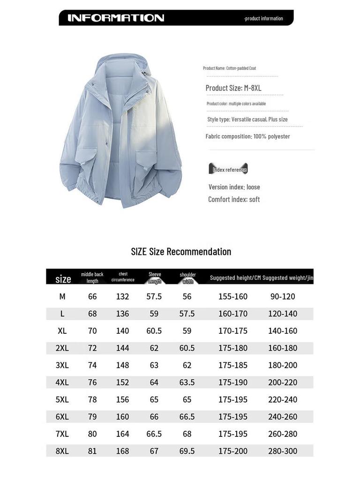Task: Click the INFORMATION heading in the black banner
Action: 116,18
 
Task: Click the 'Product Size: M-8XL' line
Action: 233,88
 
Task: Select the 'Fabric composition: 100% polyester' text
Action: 247,136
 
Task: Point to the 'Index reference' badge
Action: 228,169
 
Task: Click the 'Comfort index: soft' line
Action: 234,199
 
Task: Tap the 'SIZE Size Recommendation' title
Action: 181,251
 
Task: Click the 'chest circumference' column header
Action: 123,277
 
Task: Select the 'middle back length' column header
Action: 92,277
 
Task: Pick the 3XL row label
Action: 62,365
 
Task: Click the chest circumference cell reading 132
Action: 122,296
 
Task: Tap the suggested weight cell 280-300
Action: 283,451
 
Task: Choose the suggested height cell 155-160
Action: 233,296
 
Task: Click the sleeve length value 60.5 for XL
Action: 154,331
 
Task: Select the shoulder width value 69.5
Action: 187,451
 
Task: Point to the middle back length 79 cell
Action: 92,417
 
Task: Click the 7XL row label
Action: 62,434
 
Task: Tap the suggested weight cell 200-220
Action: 283,382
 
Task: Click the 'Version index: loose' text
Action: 234,187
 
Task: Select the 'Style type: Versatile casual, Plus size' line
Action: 247,119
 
